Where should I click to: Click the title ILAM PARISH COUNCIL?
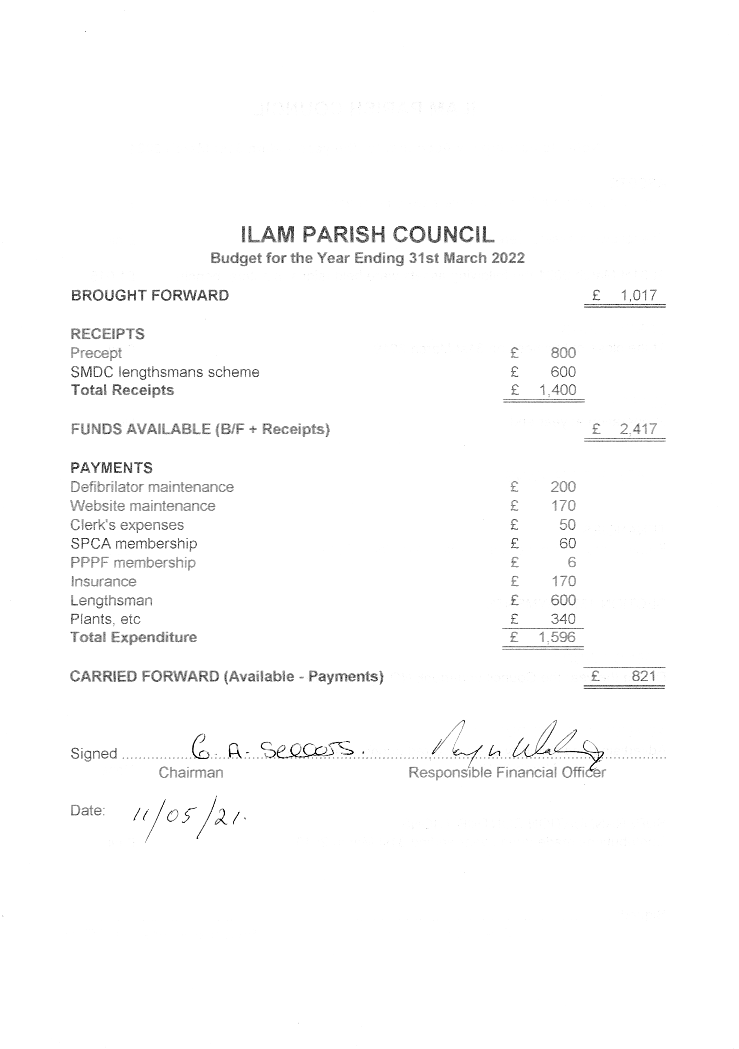pos(367,235)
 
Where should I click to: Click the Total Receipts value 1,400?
pos(557,390)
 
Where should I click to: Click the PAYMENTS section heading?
pos(111,468)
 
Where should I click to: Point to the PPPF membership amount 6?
pos(571,562)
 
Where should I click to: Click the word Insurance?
pos(103,581)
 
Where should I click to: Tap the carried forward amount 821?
pos(644,676)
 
